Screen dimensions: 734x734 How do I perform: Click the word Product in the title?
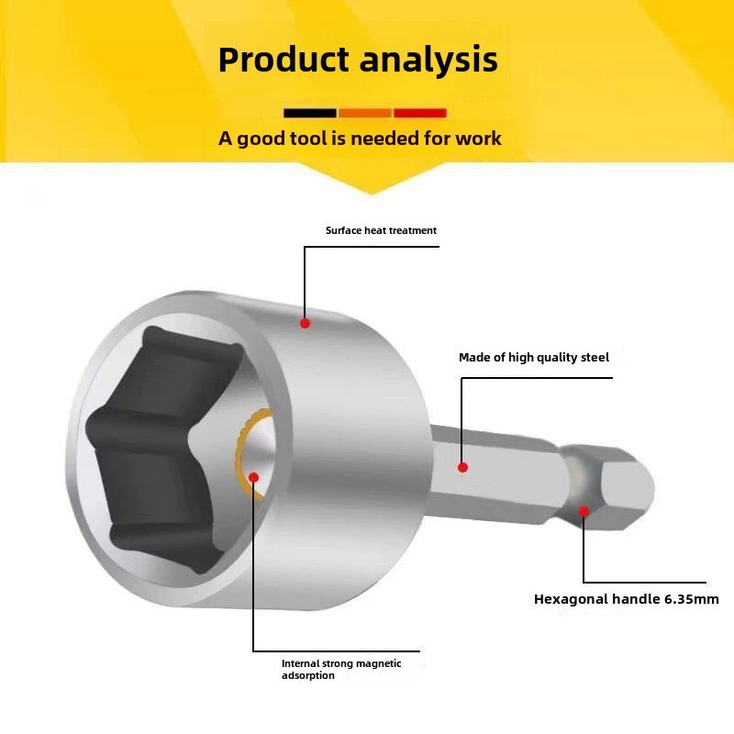point(284,60)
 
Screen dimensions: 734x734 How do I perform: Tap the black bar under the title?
point(310,113)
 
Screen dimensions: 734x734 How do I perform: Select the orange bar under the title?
point(365,113)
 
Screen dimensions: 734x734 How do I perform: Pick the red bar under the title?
point(420,113)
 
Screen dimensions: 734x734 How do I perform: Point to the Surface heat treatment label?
point(381,230)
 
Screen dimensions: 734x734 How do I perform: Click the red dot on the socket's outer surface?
point(305,323)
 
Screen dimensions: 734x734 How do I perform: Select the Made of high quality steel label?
point(534,358)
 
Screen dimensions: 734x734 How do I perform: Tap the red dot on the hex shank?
point(462,467)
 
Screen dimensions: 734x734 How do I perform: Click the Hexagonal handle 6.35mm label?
point(627,599)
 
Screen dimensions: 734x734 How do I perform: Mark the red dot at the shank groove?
point(584,511)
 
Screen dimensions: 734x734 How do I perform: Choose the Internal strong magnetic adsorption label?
point(341,670)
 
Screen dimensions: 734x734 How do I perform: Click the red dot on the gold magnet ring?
point(254,477)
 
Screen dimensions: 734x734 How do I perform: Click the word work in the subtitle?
point(478,139)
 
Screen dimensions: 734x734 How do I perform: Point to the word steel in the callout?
point(595,357)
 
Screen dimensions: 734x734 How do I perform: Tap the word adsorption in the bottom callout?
point(308,675)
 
